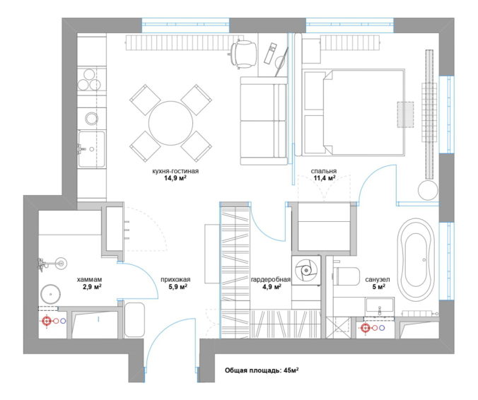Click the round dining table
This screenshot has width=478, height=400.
click(x=170, y=124)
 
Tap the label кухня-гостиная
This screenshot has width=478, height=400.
click(x=175, y=171)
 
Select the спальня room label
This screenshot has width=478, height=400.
click(x=324, y=171)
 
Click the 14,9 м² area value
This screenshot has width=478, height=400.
click(x=175, y=178)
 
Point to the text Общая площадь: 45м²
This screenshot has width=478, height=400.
click(x=262, y=371)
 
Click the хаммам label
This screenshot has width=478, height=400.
click(x=89, y=279)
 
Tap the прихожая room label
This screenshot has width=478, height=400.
click(x=175, y=279)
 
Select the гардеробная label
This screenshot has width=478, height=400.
click(x=270, y=279)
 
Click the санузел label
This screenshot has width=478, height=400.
click(x=378, y=279)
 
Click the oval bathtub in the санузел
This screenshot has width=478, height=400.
click(x=416, y=259)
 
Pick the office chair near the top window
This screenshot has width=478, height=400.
click(x=243, y=53)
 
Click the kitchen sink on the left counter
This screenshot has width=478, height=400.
click(x=91, y=149)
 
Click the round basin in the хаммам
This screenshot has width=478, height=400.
click(x=50, y=294)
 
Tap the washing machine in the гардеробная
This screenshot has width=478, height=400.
click(x=305, y=270)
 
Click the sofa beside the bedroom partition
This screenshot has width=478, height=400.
click(x=264, y=121)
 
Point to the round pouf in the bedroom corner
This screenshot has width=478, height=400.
click(x=427, y=190)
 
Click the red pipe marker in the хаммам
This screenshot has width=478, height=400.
click(x=47, y=321)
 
